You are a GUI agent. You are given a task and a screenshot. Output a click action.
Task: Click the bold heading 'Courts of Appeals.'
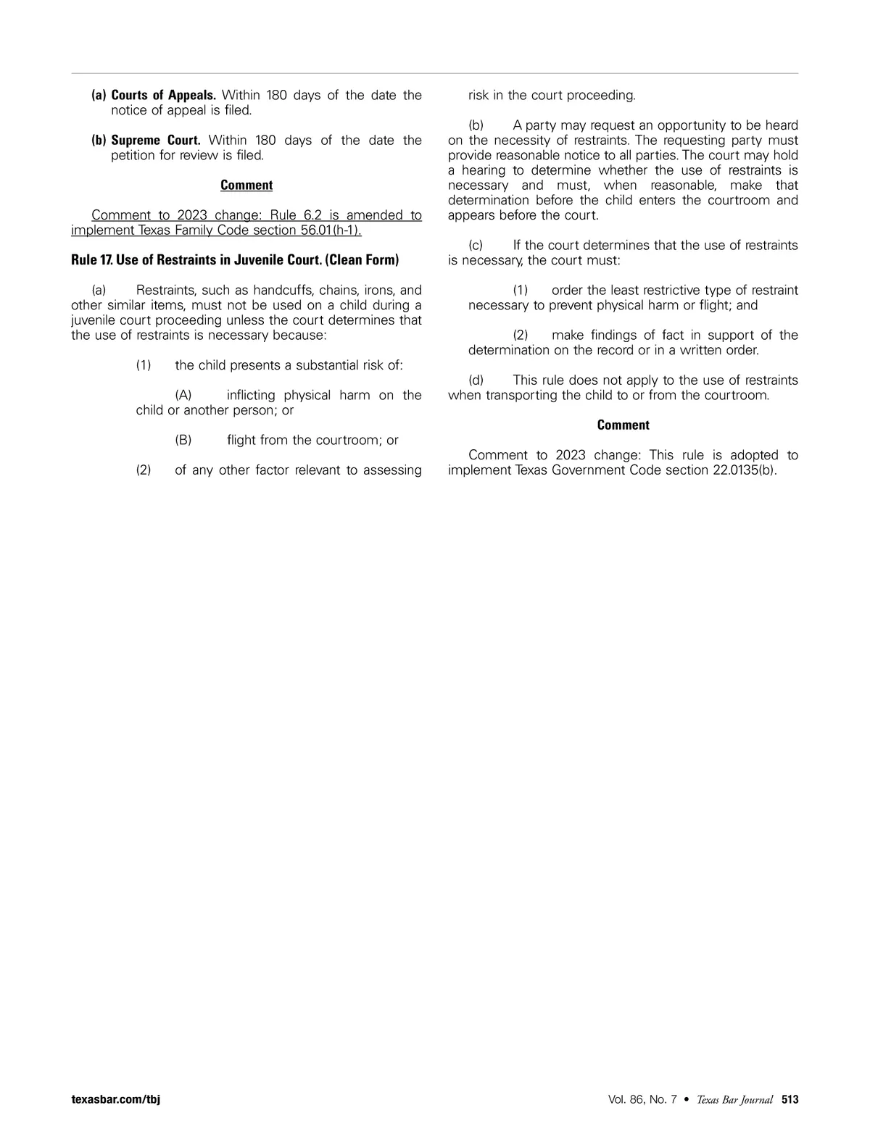(x=163, y=96)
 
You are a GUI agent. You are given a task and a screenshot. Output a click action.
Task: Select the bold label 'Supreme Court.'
(x=155, y=141)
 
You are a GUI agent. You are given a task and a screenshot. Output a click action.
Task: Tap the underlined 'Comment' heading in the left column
(x=246, y=186)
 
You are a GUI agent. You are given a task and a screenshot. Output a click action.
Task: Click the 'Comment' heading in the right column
(x=623, y=425)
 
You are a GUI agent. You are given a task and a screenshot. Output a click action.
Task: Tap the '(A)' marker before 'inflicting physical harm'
(x=183, y=396)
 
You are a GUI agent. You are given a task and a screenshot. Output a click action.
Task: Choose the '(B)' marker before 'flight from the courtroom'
(x=183, y=441)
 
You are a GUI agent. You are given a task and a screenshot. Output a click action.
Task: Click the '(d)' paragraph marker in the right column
(x=476, y=380)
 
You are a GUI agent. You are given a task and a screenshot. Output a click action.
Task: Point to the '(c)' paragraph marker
(x=476, y=246)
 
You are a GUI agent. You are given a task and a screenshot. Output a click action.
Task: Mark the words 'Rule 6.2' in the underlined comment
(x=295, y=215)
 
